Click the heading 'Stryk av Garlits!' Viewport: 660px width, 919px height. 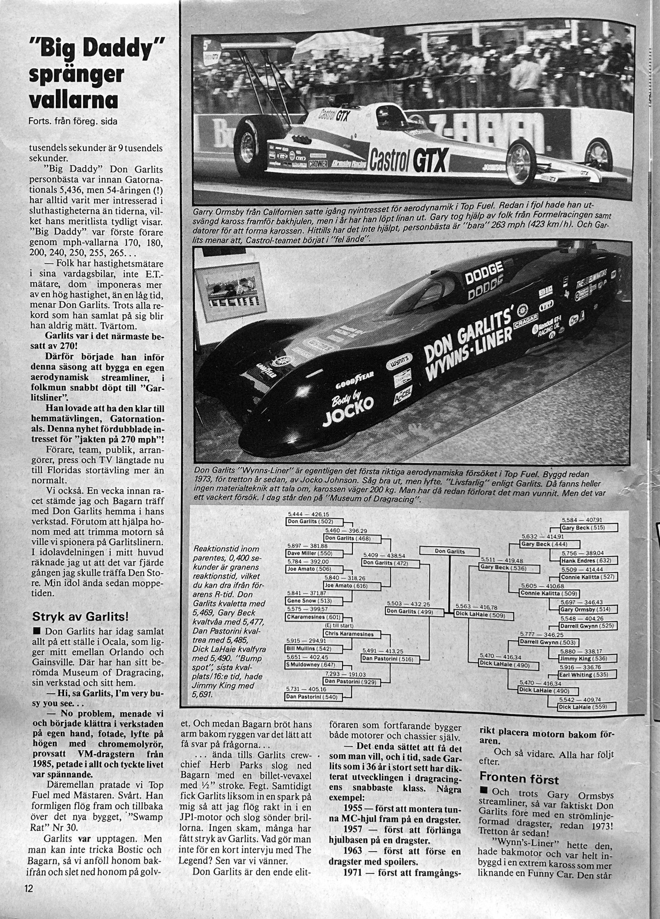80,617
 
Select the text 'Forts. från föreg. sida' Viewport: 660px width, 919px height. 73,121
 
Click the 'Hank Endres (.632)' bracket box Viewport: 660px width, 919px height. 589,561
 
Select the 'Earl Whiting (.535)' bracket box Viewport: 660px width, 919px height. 587,675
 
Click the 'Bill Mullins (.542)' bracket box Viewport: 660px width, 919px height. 315,649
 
